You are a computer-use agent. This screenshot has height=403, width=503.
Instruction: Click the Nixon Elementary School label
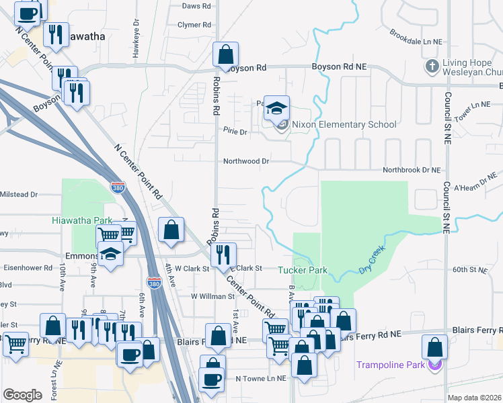344,124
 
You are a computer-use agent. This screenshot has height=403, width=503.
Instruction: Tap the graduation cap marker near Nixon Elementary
276,107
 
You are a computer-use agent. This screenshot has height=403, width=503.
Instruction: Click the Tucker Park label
303,270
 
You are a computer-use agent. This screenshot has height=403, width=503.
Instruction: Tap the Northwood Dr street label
246,161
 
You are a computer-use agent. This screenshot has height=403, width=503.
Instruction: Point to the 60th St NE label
469,269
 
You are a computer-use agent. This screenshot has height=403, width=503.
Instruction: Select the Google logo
22,394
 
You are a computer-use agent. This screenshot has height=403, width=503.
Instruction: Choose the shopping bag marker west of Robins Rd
172,230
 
